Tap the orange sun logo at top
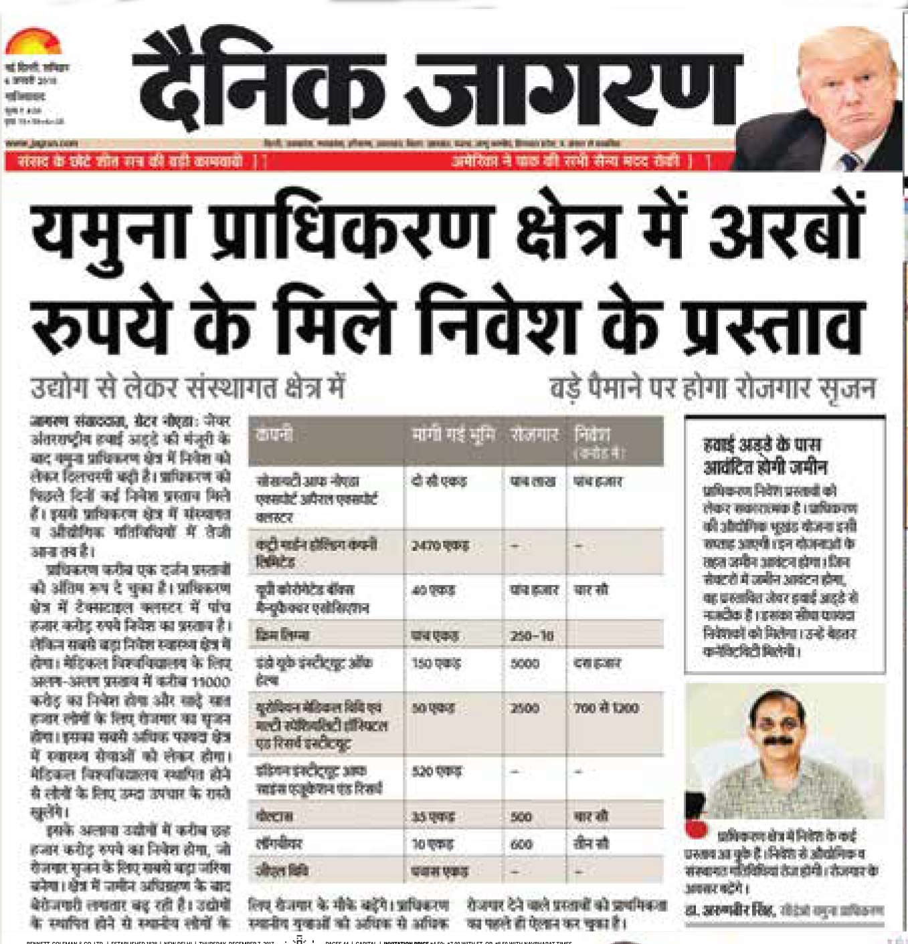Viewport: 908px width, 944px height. point(33,42)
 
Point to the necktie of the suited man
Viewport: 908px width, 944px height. point(850,161)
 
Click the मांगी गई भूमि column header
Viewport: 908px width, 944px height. point(453,435)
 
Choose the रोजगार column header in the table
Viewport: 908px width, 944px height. point(534,435)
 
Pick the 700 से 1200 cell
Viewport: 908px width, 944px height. point(606,707)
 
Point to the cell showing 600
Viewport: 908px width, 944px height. point(521,844)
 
